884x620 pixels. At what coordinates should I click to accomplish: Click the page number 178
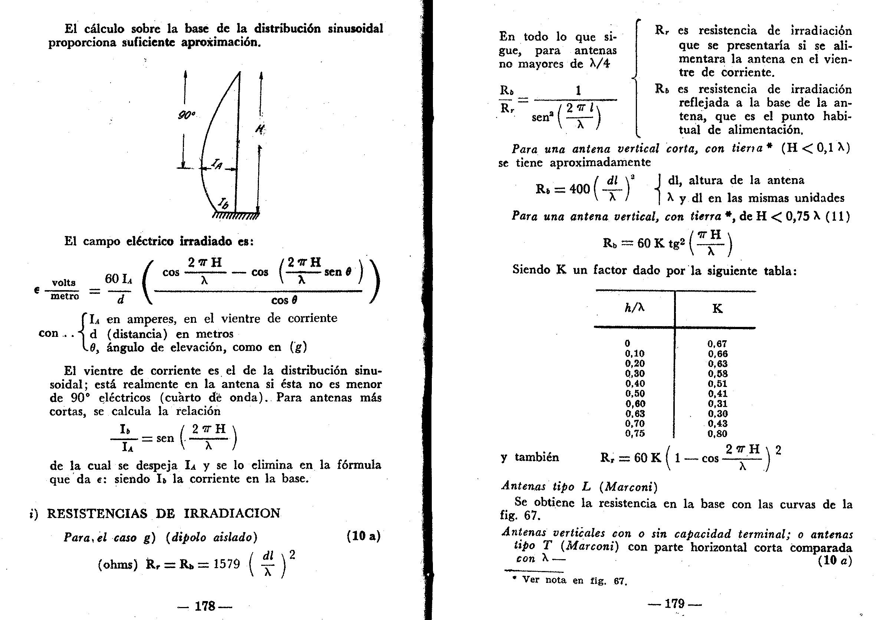point(205,606)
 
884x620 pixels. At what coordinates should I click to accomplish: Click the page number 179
point(674,603)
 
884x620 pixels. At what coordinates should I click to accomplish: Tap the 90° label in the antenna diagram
point(187,115)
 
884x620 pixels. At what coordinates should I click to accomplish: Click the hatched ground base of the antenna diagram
point(236,216)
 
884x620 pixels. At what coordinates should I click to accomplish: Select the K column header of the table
point(717,308)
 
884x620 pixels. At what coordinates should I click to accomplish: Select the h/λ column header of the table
point(634,308)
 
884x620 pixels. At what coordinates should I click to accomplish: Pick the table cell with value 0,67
point(717,344)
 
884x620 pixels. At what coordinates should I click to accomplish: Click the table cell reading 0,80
point(717,434)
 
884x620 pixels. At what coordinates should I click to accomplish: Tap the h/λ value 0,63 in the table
point(634,414)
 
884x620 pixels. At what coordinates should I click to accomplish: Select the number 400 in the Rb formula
point(579,189)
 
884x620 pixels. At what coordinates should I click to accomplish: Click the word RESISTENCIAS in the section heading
point(97,514)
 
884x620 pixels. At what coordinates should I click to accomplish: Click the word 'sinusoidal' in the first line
point(355,29)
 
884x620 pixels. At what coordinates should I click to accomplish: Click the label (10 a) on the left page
point(363,536)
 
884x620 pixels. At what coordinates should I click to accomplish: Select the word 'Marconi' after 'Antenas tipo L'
point(629,487)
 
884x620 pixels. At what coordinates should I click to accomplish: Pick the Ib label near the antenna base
point(223,203)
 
